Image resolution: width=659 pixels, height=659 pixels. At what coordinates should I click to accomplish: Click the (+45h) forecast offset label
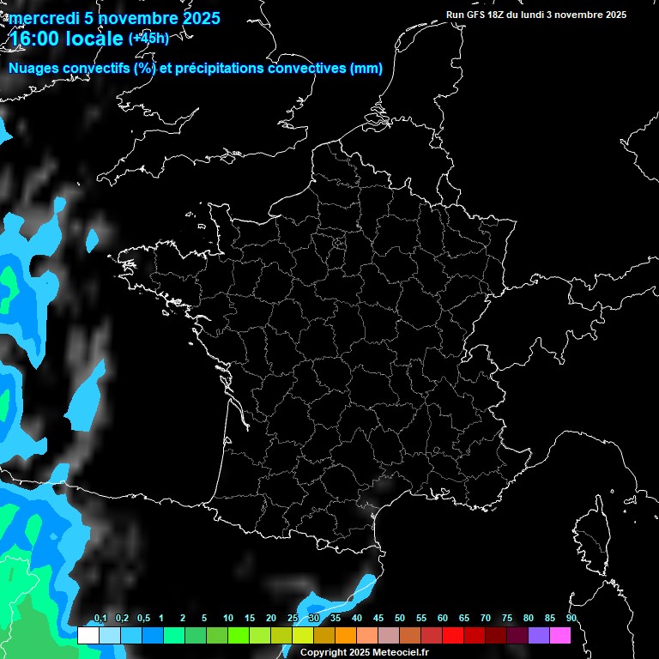pyautogui.click(x=148, y=38)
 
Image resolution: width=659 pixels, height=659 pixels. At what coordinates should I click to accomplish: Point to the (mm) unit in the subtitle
pyautogui.click(x=366, y=69)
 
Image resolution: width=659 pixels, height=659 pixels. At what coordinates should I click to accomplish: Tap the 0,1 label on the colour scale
pyautogui.click(x=100, y=619)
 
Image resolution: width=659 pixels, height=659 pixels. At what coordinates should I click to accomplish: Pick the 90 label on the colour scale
pyautogui.click(x=571, y=619)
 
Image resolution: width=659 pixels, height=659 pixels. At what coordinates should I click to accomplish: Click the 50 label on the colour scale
pyautogui.click(x=400, y=619)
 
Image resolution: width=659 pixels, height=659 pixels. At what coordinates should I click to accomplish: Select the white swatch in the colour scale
pyautogui.click(x=88, y=635)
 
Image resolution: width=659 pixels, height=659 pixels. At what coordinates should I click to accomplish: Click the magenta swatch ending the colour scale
pyautogui.click(x=559, y=635)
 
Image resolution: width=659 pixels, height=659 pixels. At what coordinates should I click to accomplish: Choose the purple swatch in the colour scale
pyautogui.click(x=538, y=635)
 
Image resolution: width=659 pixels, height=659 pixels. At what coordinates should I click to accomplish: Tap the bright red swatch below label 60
pyautogui.click(x=452, y=635)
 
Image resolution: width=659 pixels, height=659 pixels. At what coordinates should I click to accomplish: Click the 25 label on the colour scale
pyautogui.click(x=293, y=619)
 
